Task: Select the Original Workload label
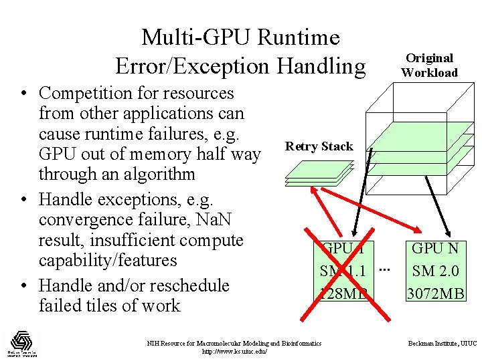coord(429,66)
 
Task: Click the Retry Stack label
coord(319,146)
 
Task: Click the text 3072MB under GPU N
coord(435,293)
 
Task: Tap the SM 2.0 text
coord(435,271)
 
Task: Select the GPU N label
coord(435,249)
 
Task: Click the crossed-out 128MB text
coord(345,293)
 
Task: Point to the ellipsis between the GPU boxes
coord(383,269)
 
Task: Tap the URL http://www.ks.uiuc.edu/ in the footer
coord(234,351)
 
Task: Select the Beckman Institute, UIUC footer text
coord(443,344)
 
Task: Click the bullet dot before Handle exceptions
coord(25,200)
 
